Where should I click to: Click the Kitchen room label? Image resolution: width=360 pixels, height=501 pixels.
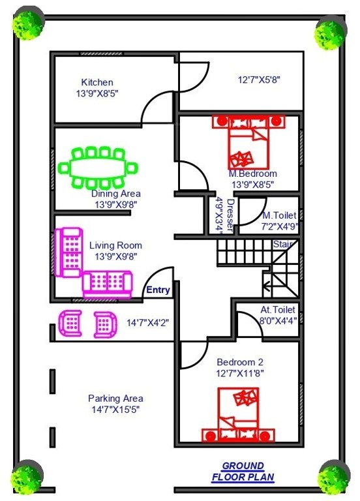coord(97,82)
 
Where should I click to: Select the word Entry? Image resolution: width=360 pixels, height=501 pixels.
coord(158,290)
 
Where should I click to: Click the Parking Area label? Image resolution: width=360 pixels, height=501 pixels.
coord(115,398)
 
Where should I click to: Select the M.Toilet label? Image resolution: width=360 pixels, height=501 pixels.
coord(280,215)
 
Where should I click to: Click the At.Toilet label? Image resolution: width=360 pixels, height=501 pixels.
coord(278,310)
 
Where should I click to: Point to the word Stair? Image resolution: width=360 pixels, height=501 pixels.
coord(282,244)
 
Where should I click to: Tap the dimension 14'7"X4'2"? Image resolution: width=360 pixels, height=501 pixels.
coord(148,322)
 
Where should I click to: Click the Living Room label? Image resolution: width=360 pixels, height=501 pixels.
coord(115,245)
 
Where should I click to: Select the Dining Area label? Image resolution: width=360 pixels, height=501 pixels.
coord(115,194)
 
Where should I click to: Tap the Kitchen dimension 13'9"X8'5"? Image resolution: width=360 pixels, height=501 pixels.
coord(97,93)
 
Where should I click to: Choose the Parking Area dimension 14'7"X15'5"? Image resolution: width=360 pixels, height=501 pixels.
coord(115,409)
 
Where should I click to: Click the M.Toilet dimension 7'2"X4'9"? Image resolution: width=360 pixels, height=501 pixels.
coord(280,227)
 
